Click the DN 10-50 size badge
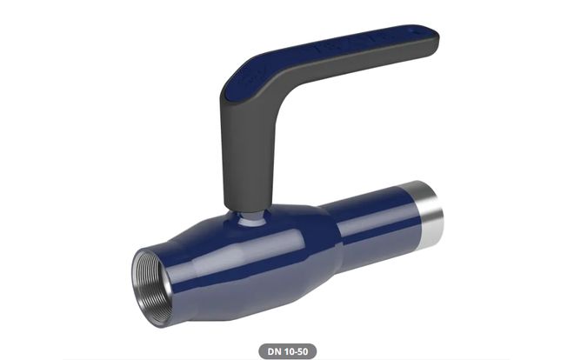tap(287, 351)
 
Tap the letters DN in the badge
tap(275, 351)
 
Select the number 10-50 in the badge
tap(295, 351)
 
